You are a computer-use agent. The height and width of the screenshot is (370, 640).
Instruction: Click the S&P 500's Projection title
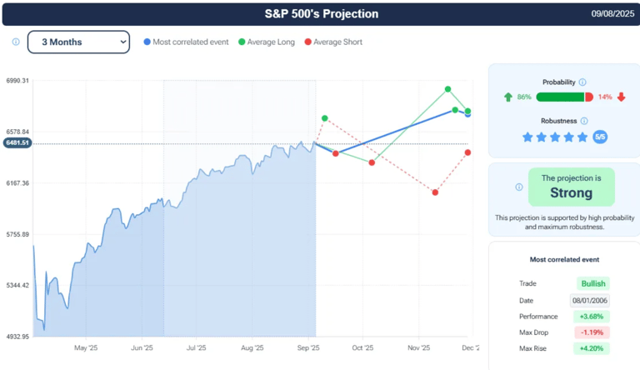click(x=321, y=13)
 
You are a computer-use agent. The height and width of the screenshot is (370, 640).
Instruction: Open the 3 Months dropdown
click(x=78, y=42)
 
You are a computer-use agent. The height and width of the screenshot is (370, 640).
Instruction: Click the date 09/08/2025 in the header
click(x=612, y=14)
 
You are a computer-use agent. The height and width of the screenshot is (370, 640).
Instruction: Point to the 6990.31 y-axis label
click(x=17, y=81)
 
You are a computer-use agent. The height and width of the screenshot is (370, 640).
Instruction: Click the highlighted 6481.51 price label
click(x=17, y=143)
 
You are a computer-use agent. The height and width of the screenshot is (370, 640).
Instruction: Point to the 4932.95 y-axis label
click(x=17, y=337)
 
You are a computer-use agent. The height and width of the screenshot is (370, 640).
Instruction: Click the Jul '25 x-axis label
click(x=197, y=348)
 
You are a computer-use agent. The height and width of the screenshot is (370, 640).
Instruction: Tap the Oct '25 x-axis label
click(x=362, y=348)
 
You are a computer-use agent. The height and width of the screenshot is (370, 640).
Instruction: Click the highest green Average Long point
click(x=448, y=89)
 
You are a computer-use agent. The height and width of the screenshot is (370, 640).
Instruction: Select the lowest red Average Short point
click(x=435, y=192)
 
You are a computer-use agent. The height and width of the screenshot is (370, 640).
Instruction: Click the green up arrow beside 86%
click(x=508, y=97)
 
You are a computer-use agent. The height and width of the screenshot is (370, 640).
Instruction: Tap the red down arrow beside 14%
click(x=621, y=97)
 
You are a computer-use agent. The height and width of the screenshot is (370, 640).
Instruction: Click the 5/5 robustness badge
click(x=600, y=137)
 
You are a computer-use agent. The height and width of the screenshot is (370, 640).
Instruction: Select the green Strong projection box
click(x=571, y=187)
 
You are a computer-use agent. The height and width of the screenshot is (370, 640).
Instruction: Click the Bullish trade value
click(x=592, y=283)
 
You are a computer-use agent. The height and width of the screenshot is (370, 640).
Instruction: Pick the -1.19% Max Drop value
click(x=590, y=332)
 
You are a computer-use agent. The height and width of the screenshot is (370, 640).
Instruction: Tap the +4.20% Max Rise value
click(x=590, y=348)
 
